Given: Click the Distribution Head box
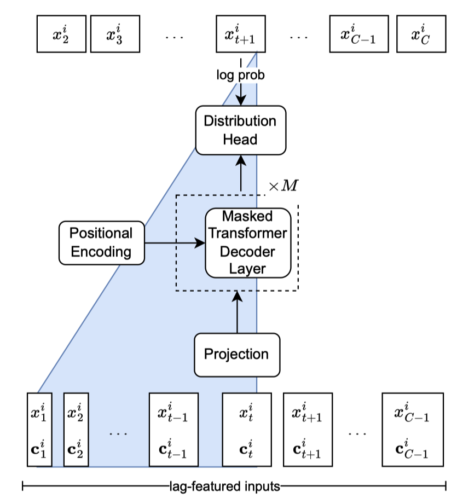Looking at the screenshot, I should tap(240, 130).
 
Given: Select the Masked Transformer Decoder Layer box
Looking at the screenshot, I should tap(247, 242).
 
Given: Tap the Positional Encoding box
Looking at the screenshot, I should tap(101, 242).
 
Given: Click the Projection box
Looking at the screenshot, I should tap(236, 354).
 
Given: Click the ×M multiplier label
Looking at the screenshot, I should tap(283, 186).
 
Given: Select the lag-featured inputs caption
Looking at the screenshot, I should tap(234, 485).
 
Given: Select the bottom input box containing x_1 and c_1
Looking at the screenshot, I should tap(39, 430).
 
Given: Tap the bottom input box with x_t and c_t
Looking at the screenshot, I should tap(247, 430).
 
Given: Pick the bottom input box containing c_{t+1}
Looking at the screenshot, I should tap(308, 430).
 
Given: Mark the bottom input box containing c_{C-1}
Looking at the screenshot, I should tap(412, 430).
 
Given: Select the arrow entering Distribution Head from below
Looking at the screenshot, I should tap(240, 172).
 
